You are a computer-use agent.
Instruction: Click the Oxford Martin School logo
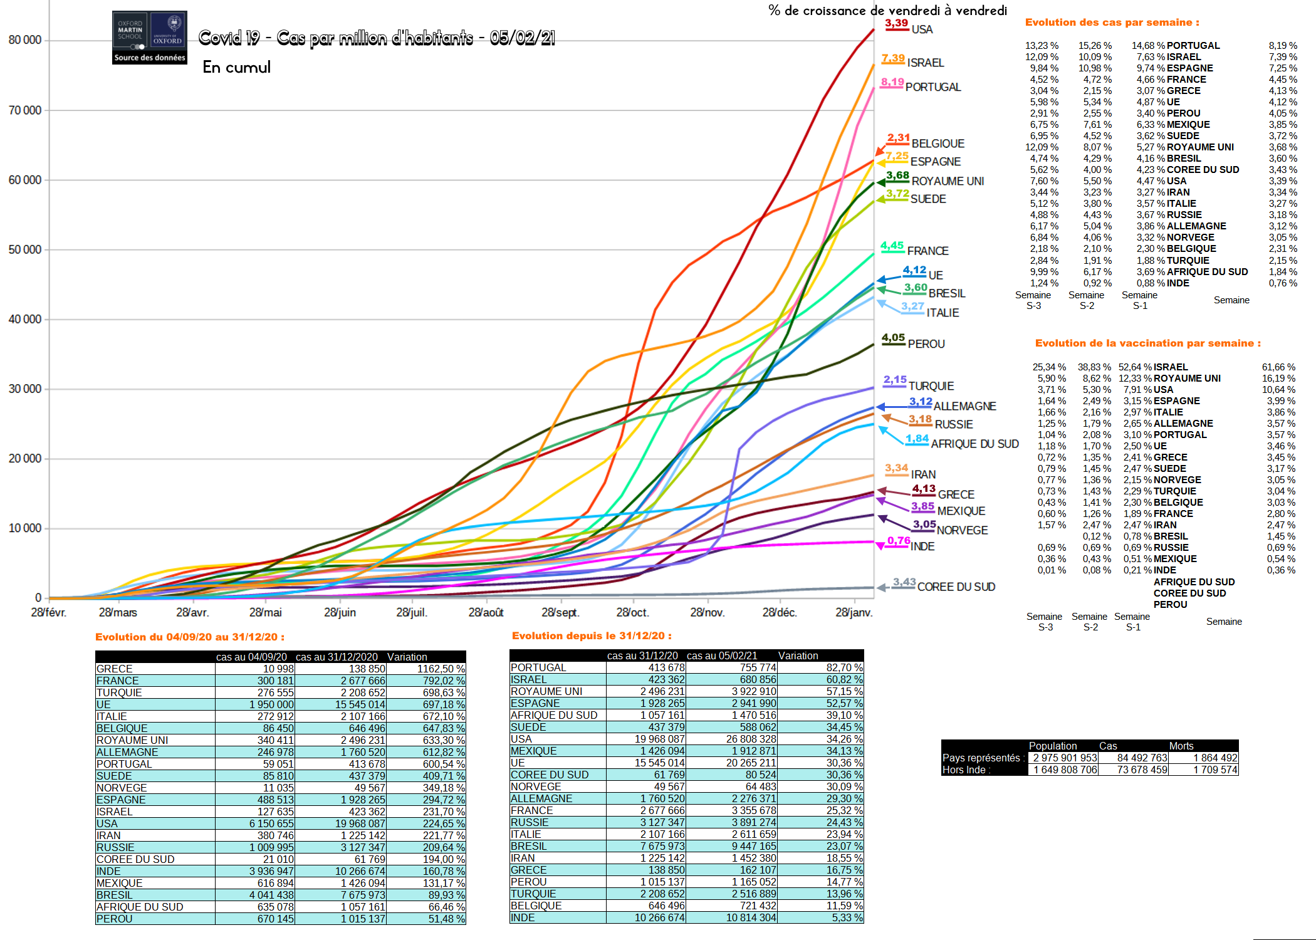(149, 37)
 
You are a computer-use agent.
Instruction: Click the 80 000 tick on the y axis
(25, 40)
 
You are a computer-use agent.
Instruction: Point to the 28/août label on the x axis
(486, 612)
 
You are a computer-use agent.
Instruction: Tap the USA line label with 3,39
(922, 29)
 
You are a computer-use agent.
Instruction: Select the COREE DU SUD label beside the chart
(956, 587)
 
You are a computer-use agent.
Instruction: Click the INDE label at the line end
(922, 546)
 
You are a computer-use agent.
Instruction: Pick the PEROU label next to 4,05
(926, 344)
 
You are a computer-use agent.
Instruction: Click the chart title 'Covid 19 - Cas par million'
(377, 38)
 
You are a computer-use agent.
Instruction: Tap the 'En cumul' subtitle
(236, 67)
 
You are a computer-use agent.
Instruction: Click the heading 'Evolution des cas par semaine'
(1112, 23)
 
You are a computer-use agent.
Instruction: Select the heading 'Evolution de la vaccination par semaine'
(1147, 343)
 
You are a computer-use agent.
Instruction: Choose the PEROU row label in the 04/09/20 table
(115, 919)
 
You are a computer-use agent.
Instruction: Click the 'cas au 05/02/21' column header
(721, 655)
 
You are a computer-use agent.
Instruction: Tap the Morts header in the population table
(1181, 746)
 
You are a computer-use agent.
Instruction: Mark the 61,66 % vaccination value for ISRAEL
(1278, 367)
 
